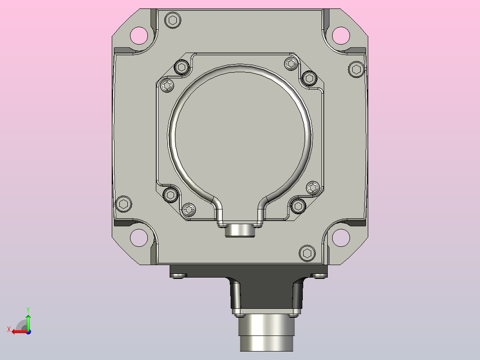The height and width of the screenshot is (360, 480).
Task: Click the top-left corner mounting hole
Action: point(139,36)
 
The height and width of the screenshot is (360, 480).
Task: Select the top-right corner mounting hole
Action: point(341,36)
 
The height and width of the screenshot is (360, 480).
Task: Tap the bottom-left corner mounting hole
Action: point(139,238)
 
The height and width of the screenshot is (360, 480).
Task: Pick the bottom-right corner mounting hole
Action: point(341,238)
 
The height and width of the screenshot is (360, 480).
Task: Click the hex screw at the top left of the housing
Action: point(173,20)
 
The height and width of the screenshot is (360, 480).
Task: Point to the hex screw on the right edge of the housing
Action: point(356,70)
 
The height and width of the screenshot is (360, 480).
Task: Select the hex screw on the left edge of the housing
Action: point(124,204)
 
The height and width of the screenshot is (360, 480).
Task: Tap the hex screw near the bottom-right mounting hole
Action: point(307,254)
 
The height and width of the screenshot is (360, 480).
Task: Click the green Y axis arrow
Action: point(28,322)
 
